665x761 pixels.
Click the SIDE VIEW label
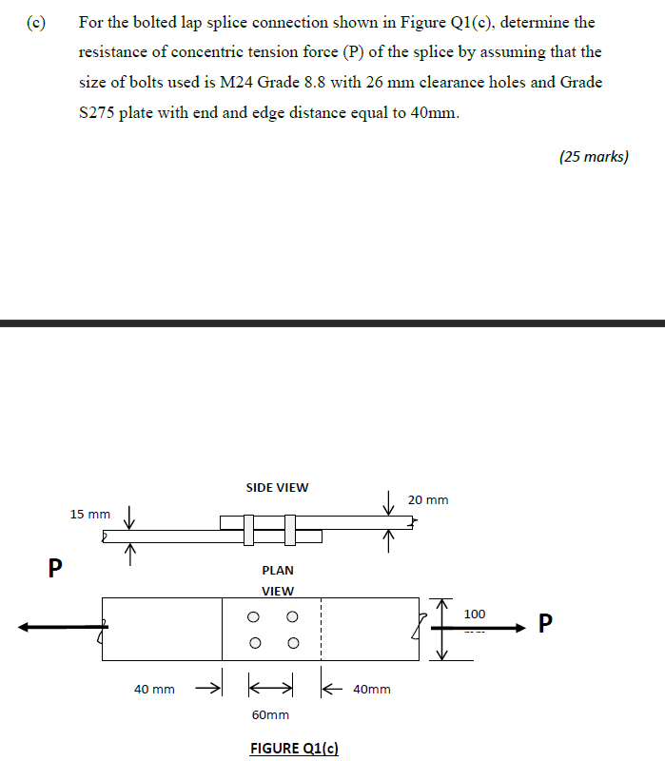pyautogui.click(x=277, y=487)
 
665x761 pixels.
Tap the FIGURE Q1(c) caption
pyautogui.click(x=294, y=748)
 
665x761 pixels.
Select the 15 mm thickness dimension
pyautogui.click(x=90, y=514)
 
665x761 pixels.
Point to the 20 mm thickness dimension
pyautogui.click(x=428, y=499)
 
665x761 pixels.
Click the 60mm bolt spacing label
pyautogui.click(x=270, y=714)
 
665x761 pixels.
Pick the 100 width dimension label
pyautogui.click(x=475, y=615)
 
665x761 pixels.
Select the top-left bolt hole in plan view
pyautogui.click(x=254, y=616)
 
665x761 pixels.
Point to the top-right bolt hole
pyautogui.click(x=292, y=616)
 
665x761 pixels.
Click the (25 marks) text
pyautogui.click(x=594, y=157)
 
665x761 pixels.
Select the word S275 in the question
pyautogui.click(x=98, y=112)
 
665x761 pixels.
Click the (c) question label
pyautogui.click(x=36, y=21)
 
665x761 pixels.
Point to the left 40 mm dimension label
pyautogui.click(x=154, y=689)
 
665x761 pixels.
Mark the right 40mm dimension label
pyautogui.click(x=371, y=689)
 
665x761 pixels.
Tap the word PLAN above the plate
pyautogui.click(x=278, y=571)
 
